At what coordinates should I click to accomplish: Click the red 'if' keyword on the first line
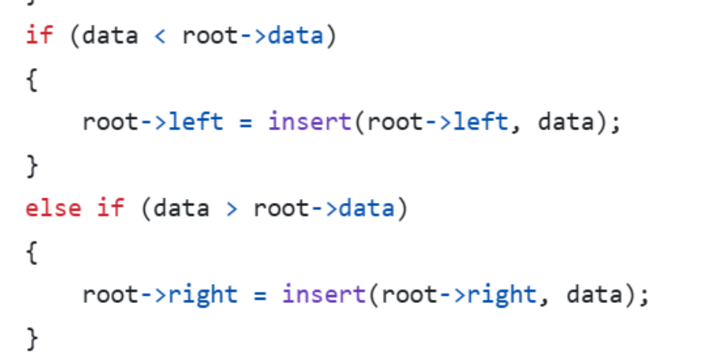coord(39,36)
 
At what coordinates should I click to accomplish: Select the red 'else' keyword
coord(53,209)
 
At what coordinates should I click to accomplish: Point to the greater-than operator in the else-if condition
coord(231,209)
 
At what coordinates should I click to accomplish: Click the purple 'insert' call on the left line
coord(310,122)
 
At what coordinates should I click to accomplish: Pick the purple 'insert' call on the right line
coord(324,295)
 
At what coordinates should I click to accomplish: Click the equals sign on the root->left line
coord(245,123)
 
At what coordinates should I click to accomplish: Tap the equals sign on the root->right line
coord(259,296)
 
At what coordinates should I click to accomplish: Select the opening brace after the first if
coord(32,81)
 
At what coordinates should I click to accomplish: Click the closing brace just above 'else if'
coord(32,167)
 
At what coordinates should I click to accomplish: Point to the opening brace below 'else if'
coord(32,253)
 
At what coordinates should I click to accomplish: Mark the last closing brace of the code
coord(32,339)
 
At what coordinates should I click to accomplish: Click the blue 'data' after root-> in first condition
coord(296,36)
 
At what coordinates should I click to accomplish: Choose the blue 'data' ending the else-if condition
coord(366,209)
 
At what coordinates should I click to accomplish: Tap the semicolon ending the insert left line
coord(615,124)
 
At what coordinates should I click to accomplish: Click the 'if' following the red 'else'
coord(110,209)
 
